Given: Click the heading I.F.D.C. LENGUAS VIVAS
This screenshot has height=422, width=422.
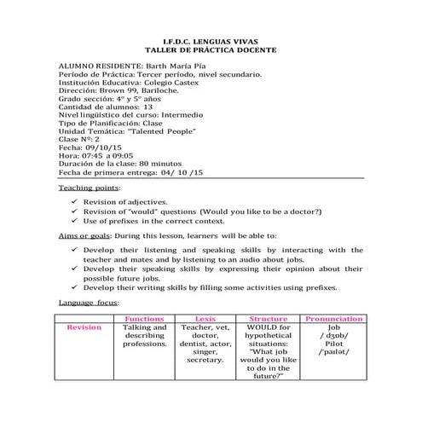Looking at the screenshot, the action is click(211, 40).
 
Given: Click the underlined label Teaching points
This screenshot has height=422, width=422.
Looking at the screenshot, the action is click(89, 186).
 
